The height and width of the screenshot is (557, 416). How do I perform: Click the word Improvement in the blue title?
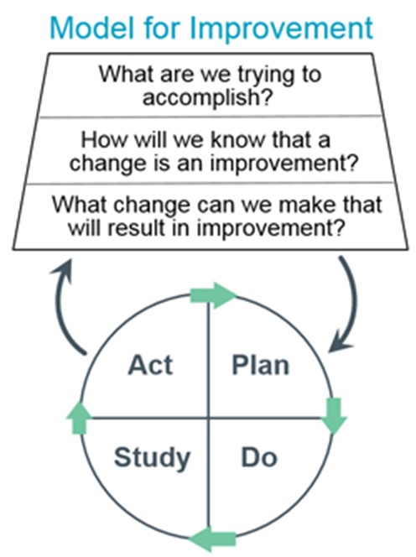click(282, 28)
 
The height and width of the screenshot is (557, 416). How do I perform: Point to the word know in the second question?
click(239, 140)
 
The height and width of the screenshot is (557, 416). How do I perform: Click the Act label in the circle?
click(150, 365)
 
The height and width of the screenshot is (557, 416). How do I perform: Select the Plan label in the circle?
click(260, 365)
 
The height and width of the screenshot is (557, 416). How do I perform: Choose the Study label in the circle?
click(152, 458)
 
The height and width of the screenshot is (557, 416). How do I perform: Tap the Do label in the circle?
click(259, 457)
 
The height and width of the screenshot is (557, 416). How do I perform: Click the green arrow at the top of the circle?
click(212, 295)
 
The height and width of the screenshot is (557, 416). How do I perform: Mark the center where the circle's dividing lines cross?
click(209, 418)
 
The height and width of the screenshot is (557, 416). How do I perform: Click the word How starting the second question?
click(103, 140)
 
